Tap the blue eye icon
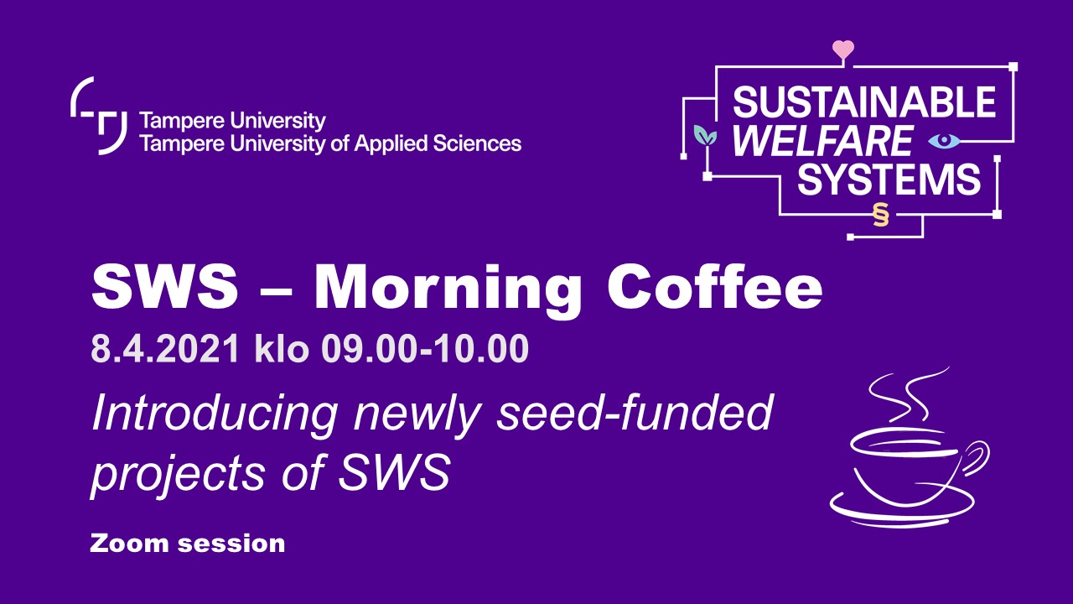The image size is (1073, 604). tap(944, 140)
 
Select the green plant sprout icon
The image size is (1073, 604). tap(705, 136)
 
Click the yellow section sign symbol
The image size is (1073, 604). tap(880, 214)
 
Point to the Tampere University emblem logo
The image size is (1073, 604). tap(99, 116)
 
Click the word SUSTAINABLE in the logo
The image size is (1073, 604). tap(864, 102)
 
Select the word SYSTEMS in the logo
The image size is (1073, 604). tap(889, 179)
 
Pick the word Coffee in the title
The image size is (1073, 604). tap(715, 286)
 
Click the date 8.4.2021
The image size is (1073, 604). tap(165, 348)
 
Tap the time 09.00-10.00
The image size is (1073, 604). tap(425, 348)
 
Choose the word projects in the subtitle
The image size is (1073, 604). tap(178, 475)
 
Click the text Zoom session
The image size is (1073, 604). tap(187, 544)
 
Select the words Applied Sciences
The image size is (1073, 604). tap(438, 143)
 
